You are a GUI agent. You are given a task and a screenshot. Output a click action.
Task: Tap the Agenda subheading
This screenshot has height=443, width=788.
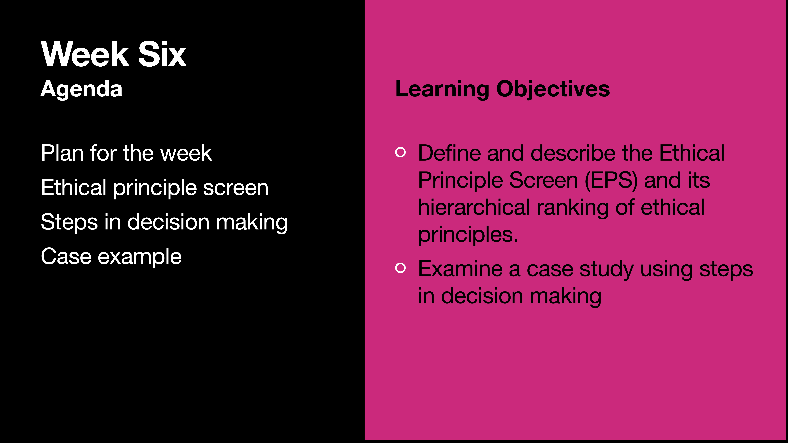coord(81,89)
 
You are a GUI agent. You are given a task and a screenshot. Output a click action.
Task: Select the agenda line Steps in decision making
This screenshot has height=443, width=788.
coord(164,222)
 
